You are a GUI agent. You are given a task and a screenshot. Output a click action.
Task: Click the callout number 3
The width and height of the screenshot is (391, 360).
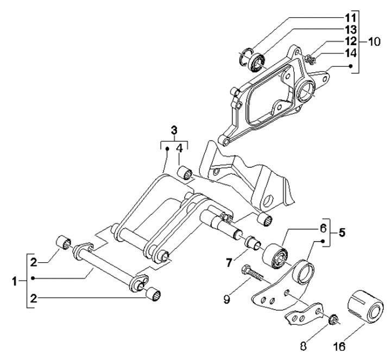coord(174,130)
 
